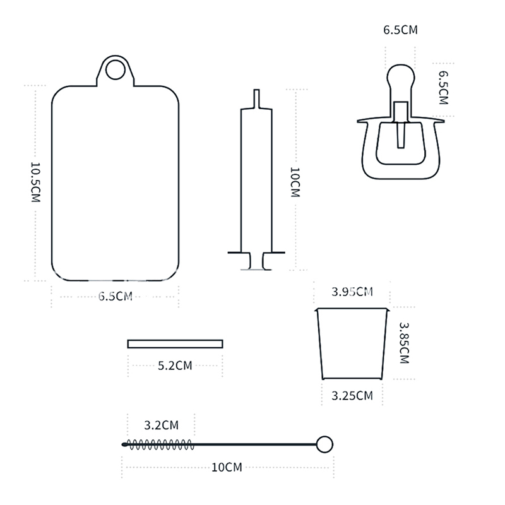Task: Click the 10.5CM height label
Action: [35, 182]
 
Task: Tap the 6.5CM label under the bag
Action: [116, 296]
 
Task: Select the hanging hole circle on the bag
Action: [116, 70]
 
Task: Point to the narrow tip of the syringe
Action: [256, 98]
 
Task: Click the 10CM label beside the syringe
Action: [295, 182]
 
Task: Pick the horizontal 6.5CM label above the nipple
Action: [400, 30]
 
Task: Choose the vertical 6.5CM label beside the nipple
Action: [444, 88]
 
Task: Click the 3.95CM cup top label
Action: [352, 292]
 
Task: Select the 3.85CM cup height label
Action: [404, 343]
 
